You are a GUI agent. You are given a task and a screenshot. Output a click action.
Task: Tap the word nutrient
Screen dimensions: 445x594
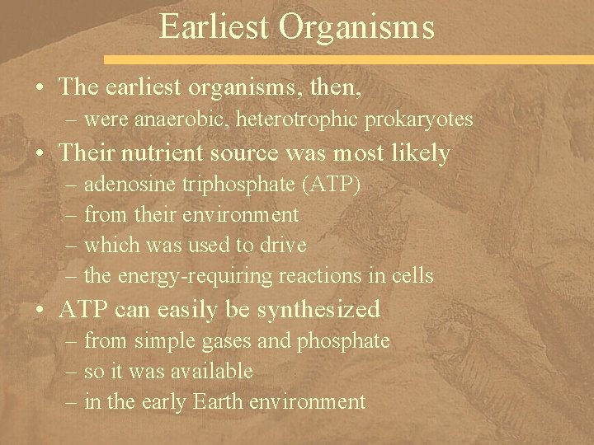click(x=186, y=153)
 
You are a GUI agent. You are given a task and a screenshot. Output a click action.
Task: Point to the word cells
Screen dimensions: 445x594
click(x=411, y=275)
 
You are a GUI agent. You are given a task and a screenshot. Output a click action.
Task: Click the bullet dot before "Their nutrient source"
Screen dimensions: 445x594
click(x=39, y=153)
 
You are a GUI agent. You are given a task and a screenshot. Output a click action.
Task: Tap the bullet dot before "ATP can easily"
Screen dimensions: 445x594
click(x=39, y=310)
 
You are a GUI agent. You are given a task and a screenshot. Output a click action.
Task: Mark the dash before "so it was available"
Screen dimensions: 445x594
click(x=71, y=372)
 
